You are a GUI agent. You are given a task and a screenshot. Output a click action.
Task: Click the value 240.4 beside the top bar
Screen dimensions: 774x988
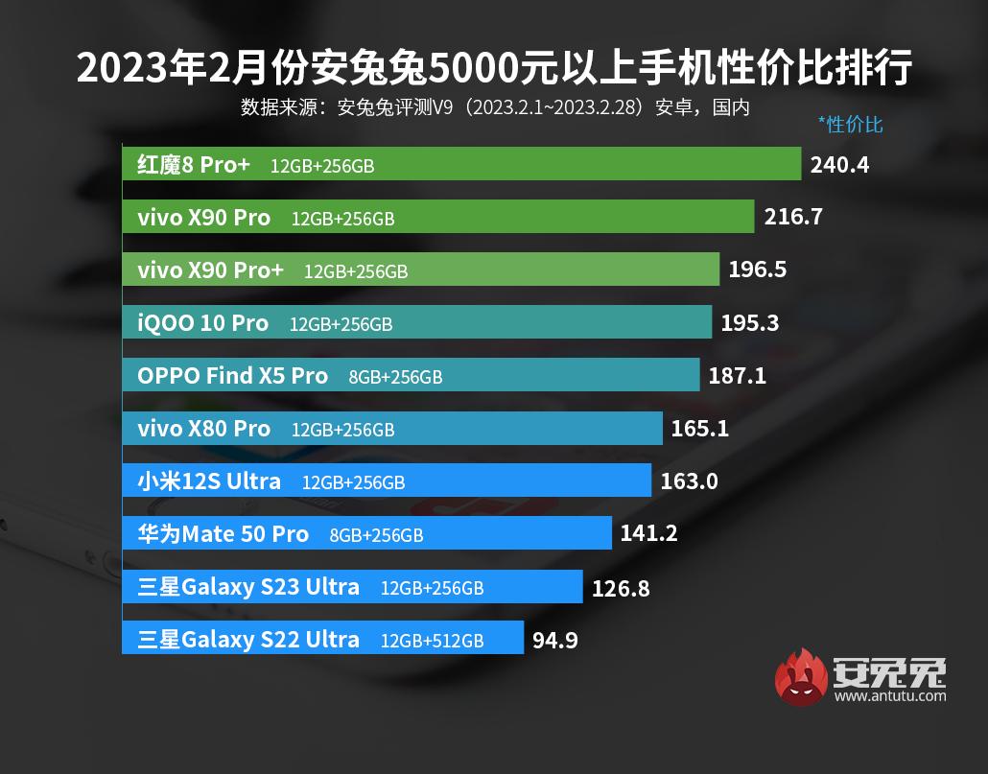pyautogui.click(x=839, y=164)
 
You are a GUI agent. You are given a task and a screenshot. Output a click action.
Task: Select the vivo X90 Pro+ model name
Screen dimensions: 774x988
pyautogui.click(x=211, y=270)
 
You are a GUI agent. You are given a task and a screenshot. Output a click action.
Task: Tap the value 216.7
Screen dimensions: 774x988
pyautogui.click(x=793, y=217)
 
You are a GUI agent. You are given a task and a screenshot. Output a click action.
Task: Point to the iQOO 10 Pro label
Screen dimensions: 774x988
pyautogui.click(x=203, y=323)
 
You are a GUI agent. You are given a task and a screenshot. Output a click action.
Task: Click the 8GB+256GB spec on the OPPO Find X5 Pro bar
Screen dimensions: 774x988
pyautogui.click(x=395, y=377)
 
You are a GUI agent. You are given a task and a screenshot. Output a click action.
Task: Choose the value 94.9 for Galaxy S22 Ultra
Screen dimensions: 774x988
pyautogui.click(x=554, y=639)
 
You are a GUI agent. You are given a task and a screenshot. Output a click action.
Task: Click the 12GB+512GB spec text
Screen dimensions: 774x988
pyautogui.click(x=432, y=641)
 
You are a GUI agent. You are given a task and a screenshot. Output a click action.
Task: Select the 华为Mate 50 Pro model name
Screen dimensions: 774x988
pyautogui.click(x=223, y=534)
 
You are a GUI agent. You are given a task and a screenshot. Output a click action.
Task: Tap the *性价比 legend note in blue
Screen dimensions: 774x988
pyautogui.click(x=850, y=125)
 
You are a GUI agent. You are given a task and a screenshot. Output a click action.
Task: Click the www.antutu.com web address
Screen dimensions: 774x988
pyautogui.click(x=889, y=695)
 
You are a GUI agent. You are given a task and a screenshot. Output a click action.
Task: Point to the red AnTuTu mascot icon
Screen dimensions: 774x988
pyautogui.click(x=801, y=677)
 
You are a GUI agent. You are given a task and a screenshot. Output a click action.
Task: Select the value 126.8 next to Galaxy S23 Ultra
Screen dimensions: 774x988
pyautogui.click(x=621, y=587)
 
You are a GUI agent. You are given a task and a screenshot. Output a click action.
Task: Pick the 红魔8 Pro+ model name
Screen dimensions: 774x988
pyautogui.click(x=194, y=165)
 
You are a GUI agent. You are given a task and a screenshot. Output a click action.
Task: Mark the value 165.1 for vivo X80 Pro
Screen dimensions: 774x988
pyautogui.click(x=699, y=429)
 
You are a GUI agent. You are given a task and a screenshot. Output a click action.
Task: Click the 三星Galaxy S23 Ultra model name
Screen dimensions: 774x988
pyautogui.click(x=248, y=587)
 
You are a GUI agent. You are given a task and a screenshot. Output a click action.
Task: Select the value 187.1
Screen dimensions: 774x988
pyautogui.click(x=737, y=376)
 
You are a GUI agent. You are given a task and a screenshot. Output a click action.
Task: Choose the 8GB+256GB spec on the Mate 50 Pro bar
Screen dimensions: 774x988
pyautogui.click(x=376, y=535)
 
